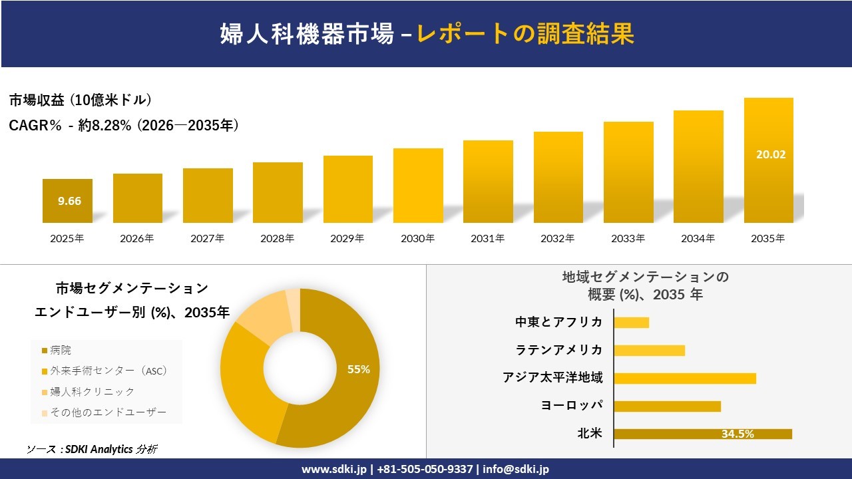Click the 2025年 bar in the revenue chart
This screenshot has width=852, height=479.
pyautogui.click(x=67, y=200)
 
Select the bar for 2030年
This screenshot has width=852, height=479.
pyautogui.click(x=418, y=186)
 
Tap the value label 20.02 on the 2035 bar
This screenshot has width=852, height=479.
pyautogui.click(x=770, y=154)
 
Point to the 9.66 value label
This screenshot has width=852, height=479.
pyautogui.click(x=69, y=201)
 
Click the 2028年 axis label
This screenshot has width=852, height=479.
pyautogui.click(x=278, y=238)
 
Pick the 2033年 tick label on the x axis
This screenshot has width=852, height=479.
pyautogui.click(x=628, y=238)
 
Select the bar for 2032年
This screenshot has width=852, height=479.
pyautogui.click(x=558, y=177)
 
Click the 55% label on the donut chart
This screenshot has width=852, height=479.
pyautogui.click(x=359, y=369)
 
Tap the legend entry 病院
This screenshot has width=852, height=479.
pyautogui.click(x=60, y=350)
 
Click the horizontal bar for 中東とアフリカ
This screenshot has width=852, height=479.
pyautogui.click(x=631, y=323)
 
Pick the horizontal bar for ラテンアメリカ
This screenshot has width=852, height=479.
pyautogui.click(x=649, y=351)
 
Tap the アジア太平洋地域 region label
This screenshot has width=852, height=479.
pyautogui.click(x=552, y=378)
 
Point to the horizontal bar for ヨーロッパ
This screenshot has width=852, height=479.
pyautogui.click(x=667, y=406)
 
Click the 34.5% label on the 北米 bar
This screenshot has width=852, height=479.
pyautogui.click(x=738, y=434)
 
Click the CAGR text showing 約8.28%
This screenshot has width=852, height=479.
pyautogui.click(x=124, y=125)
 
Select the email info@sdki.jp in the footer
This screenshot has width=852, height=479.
pyautogui.click(x=516, y=469)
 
